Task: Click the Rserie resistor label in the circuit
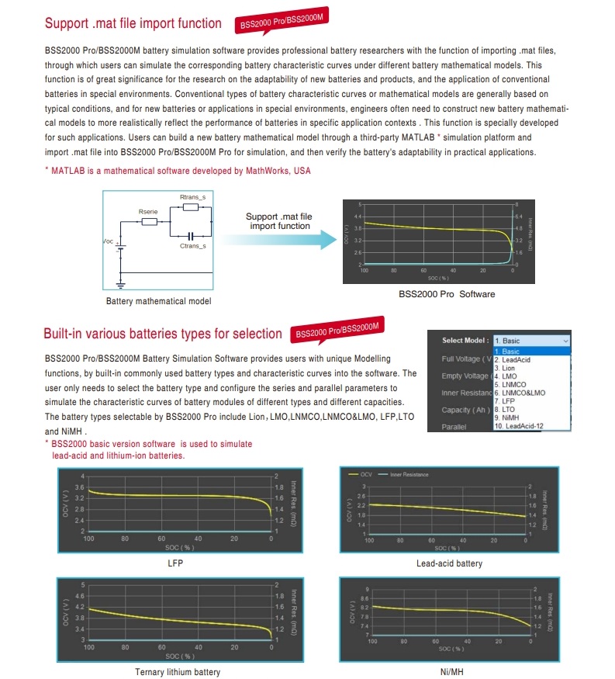point(147,211)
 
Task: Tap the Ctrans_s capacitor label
point(192,246)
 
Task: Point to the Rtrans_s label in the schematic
point(192,198)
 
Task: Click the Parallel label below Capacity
point(454,427)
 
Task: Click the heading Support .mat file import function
point(133,23)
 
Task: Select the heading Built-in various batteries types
point(162,334)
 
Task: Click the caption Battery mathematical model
point(158,301)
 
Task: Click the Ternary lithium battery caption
point(178,672)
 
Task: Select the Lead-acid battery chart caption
point(449,563)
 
